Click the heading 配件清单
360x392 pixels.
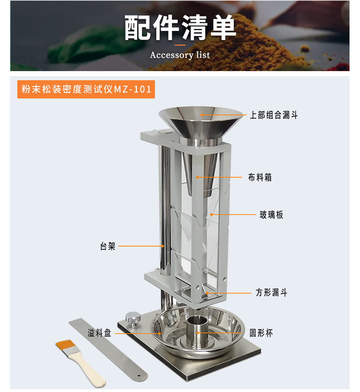click(x=180, y=27)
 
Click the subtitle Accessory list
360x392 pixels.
click(x=180, y=55)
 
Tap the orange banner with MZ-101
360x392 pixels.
click(x=86, y=89)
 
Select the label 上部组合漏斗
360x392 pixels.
click(x=274, y=115)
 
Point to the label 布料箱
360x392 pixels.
click(x=260, y=177)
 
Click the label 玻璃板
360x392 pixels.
click(x=271, y=215)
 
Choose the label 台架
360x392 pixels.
click(x=108, y=246)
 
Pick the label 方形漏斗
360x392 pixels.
click(x=271, y=292)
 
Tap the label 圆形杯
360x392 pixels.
click(x=261, y=333)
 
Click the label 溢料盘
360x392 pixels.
click(x=99, y=333)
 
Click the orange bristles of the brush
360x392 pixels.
click(x=65, y=345)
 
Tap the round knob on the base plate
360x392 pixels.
click(x=133, y=318)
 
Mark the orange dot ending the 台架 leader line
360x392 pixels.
click(x=163, y=246)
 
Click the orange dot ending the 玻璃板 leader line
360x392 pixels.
click(x=211, y=215)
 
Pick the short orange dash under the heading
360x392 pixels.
click(x=180, y=45)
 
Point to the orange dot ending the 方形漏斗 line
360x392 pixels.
click(x=207, y=293)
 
